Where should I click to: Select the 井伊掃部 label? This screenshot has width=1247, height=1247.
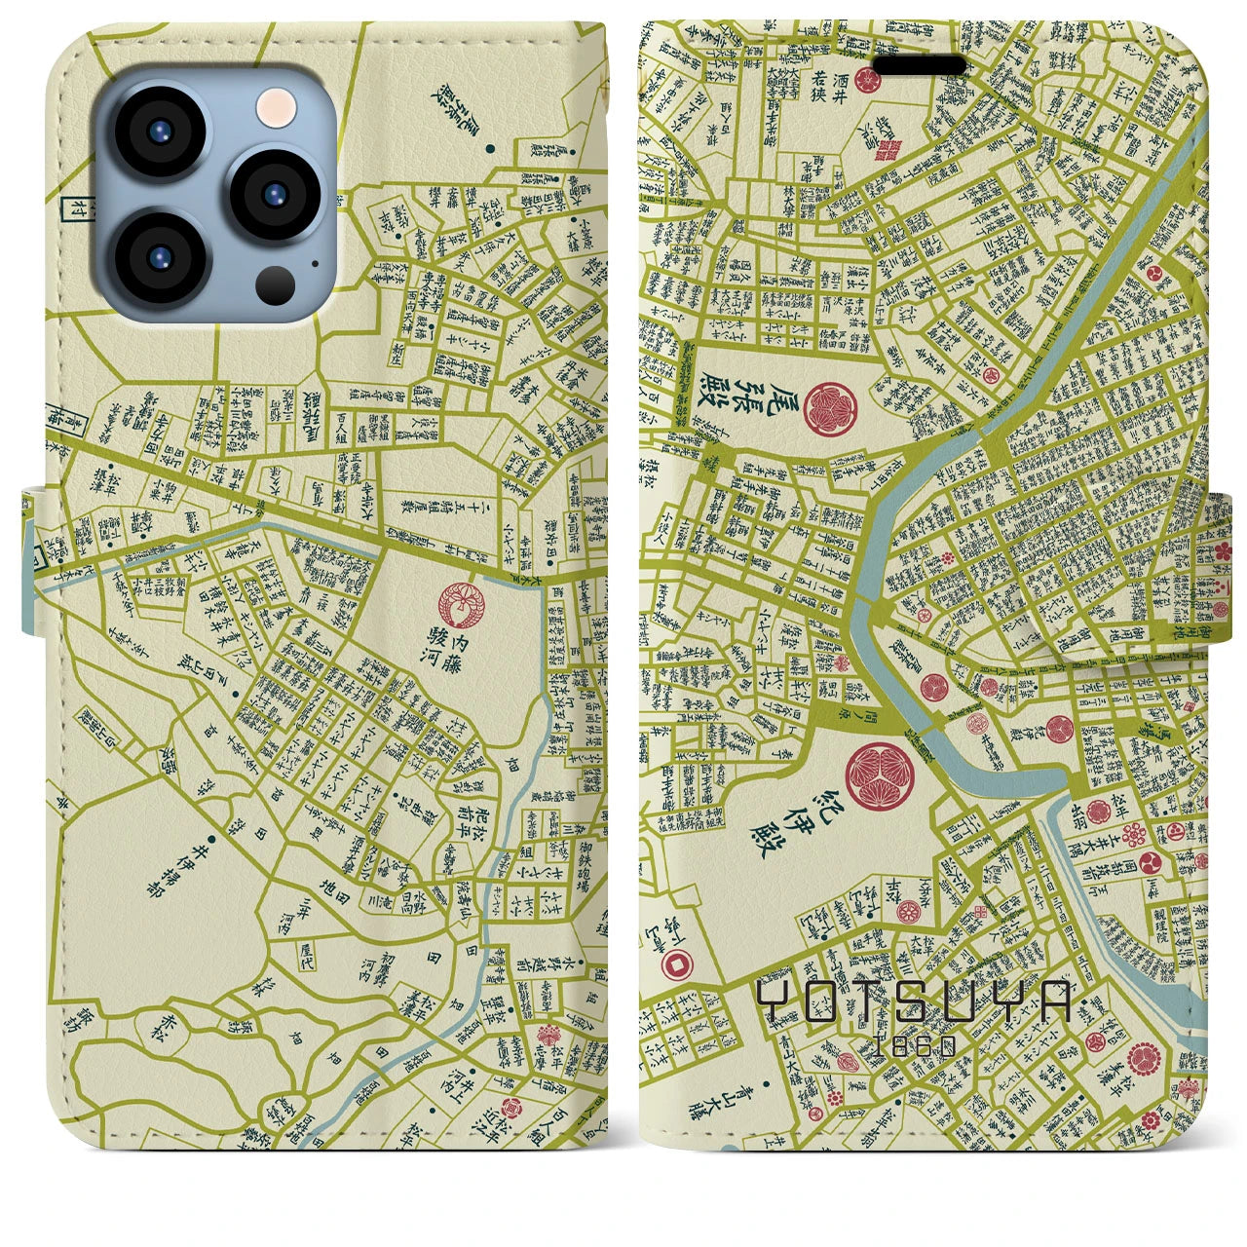click(x=221, y=865)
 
